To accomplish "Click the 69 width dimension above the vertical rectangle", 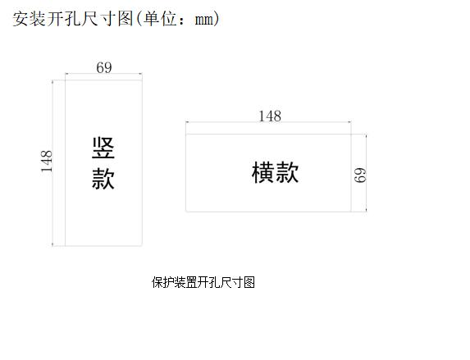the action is (104, 67).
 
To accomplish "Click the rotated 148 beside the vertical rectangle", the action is (47, 162).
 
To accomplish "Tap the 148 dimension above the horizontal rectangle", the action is (270, 116).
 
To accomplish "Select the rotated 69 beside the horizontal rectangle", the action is (360, 175).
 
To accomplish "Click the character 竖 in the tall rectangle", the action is (103, 148).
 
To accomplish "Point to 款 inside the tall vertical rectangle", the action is (103, 179).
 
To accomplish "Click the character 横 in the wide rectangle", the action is (263, 172).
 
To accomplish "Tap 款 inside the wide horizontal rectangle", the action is (287, 172).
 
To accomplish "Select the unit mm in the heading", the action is (204, 20).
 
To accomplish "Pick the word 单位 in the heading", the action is (159, 19).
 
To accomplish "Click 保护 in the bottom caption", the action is (163, 282).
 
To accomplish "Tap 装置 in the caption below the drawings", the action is (186, 282).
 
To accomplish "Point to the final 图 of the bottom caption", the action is (249, 282).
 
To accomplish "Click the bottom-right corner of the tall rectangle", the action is (142, 246).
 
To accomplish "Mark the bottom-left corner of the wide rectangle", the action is (186, 212).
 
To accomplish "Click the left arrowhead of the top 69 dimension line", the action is (66, 74).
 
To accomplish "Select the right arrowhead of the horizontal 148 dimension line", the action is (349, 122).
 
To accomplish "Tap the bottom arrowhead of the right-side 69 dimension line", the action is (367, 210).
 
